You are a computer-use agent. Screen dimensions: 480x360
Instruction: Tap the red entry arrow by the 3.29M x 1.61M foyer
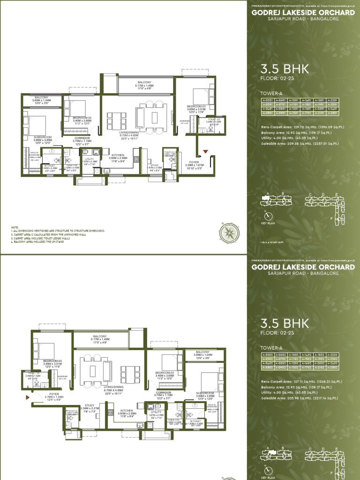pos(204,151)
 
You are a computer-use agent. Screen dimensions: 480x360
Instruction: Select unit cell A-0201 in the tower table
pos(267,100)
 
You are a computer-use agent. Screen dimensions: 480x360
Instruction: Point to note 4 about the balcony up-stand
pos(42,241)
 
